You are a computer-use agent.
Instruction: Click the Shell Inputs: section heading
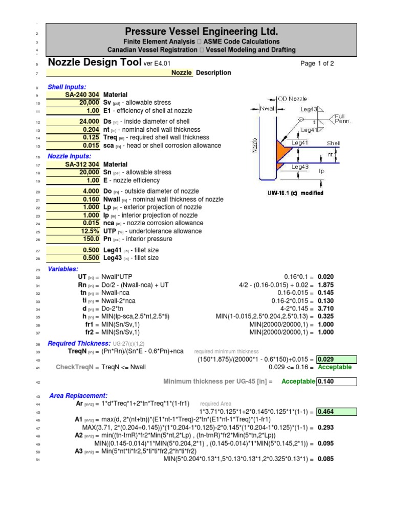(67, 87)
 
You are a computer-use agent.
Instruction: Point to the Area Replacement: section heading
(78, 396)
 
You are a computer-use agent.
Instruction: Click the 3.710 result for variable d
(326, 309)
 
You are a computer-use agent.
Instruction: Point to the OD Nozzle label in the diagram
(293, 99)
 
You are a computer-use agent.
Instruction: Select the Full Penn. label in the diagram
(342, 120)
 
